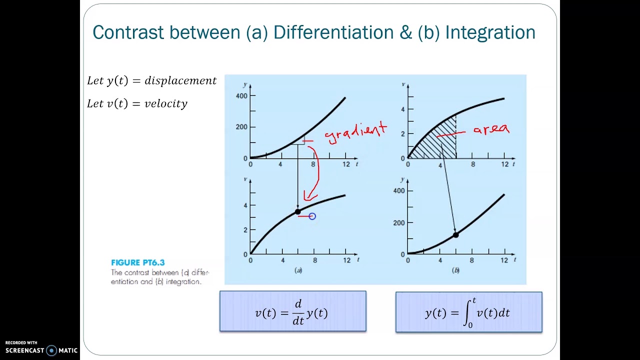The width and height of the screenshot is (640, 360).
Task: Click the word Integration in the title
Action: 490,32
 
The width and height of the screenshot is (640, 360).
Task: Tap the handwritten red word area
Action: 491,129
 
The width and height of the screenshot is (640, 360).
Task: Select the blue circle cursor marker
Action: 312,216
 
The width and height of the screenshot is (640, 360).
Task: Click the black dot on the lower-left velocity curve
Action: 298,211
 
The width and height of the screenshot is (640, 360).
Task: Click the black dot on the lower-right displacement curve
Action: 455,234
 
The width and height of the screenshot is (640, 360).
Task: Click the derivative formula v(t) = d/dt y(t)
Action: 292,311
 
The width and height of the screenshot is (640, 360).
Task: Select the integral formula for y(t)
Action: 468,312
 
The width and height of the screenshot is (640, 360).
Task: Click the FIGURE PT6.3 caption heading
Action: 137,262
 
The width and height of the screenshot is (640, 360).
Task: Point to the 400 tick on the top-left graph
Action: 241,95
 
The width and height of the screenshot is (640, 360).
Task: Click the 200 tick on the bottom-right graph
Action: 399,222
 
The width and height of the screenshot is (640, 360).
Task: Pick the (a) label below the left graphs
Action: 298,270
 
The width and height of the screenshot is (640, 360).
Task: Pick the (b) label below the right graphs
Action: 455,270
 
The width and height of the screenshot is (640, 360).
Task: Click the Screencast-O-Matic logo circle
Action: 51,350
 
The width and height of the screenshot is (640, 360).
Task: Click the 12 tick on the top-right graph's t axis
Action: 505,164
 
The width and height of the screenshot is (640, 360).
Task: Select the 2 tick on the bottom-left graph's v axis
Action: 245,230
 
